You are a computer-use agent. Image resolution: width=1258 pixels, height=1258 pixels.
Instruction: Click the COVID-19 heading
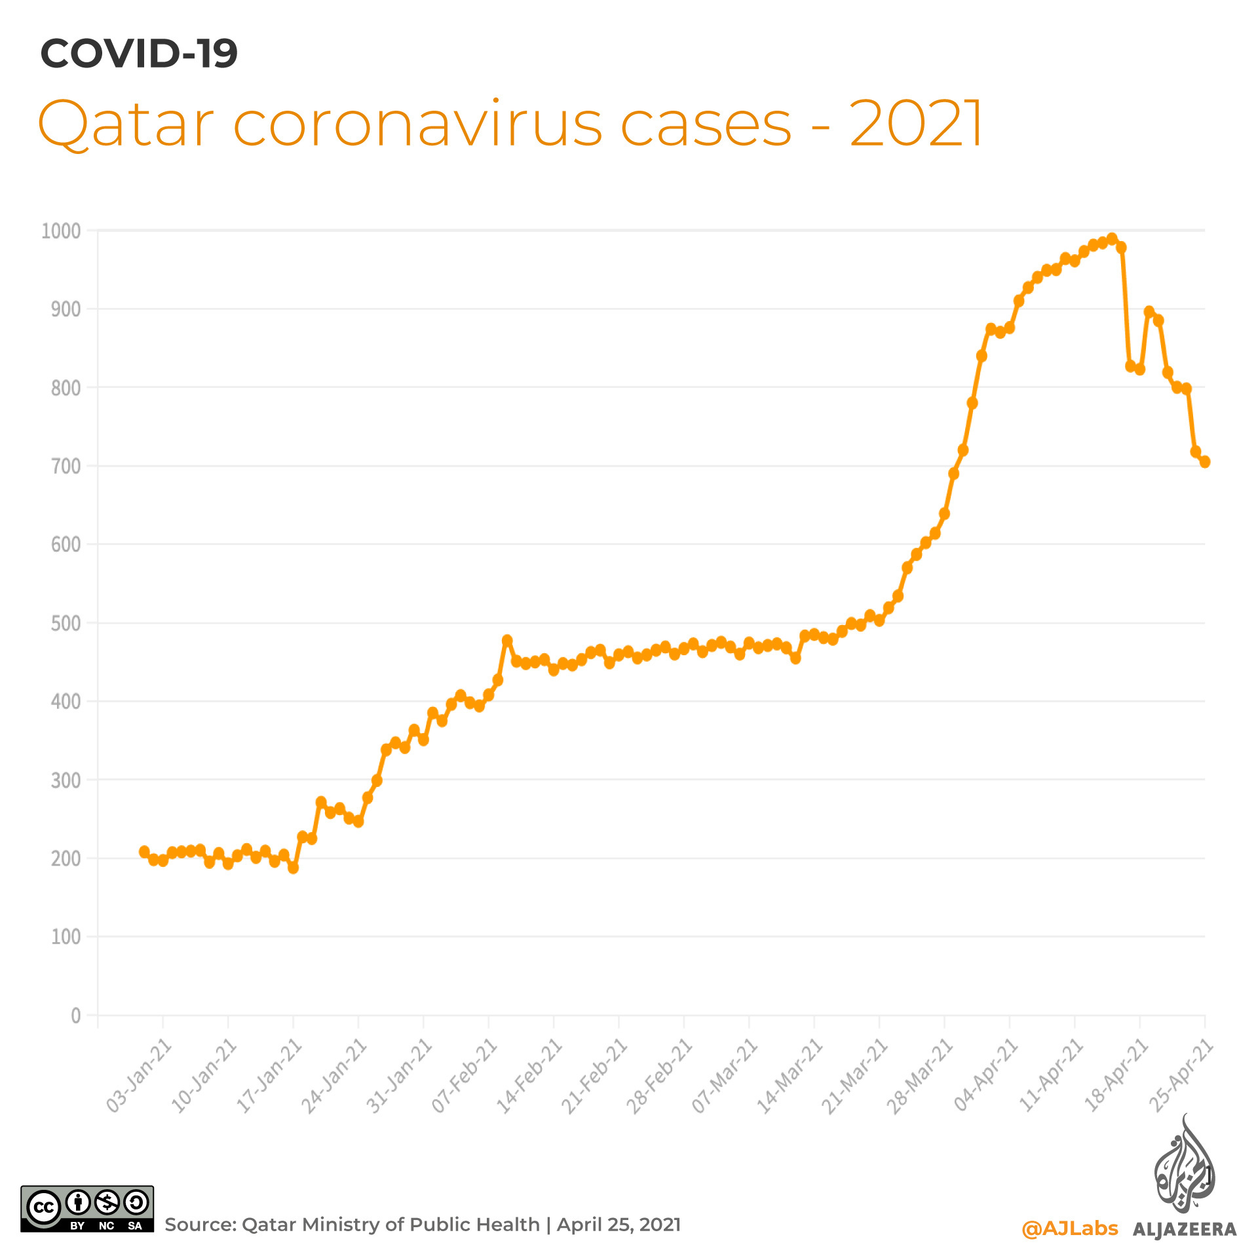click(139, 54)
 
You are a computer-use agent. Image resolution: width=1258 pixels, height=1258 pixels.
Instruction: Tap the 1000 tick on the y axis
click(61, 231)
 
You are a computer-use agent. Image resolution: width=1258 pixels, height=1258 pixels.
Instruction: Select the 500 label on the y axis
click(66, 623)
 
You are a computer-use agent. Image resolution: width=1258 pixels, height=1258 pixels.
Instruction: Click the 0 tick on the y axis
click(76, 1016)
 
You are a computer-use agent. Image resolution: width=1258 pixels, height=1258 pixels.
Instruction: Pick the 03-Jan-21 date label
click(139, 1075)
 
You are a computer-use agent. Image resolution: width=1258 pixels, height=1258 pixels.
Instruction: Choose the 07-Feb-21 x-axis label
click(465, 1075)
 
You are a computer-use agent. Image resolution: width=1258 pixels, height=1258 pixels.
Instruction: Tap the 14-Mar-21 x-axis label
click(790, 1075)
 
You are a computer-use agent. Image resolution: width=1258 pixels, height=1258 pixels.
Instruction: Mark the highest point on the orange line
click(1112, 238)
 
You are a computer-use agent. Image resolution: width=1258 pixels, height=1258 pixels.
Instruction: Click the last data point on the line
click(1204, 462)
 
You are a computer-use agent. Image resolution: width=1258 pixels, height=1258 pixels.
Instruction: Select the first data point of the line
click(144, 852)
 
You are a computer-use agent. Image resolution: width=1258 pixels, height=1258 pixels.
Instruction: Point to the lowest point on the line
click(293, 867)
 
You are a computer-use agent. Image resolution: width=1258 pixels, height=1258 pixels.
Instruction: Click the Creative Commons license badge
click(87, 1209)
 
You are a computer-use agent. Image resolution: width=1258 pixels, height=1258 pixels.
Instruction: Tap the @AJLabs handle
click(1069, 1228)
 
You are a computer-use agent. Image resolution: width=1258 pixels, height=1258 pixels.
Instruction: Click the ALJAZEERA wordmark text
click(1185, 1229)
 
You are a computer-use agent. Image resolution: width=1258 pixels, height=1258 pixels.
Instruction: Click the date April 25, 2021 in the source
click(619, 1225)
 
